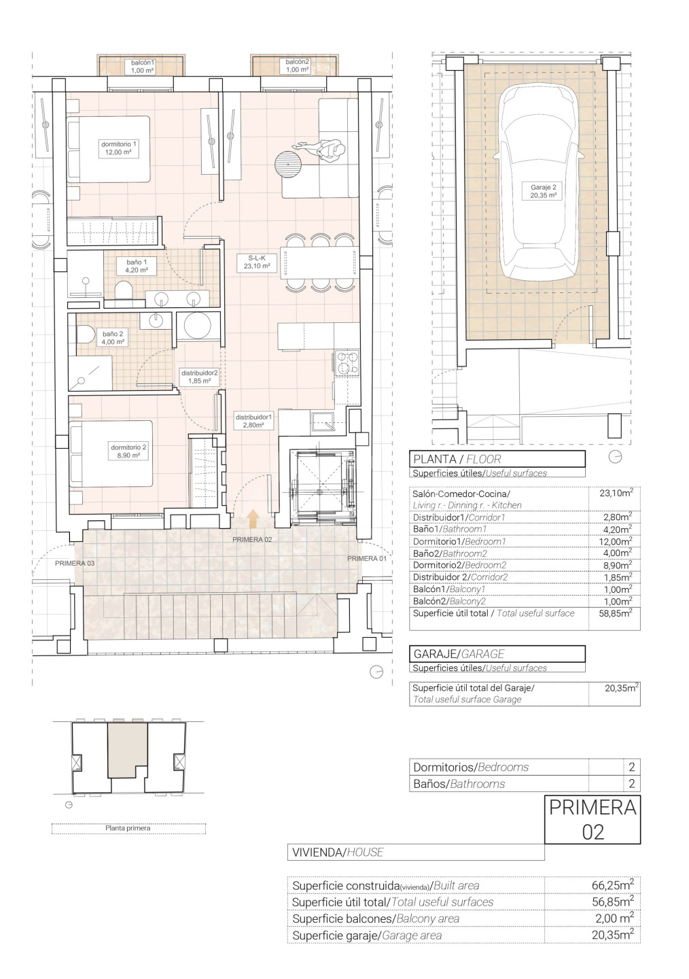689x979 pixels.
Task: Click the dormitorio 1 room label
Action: tap(118, 148)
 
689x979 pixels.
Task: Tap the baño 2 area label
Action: tap(113, 337)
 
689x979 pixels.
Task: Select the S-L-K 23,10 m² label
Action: tap(257, 262)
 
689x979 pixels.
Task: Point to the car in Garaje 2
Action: tap(540, 182)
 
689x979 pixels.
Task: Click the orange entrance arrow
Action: tap(253, 519)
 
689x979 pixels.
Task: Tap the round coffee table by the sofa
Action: tap(288, 163)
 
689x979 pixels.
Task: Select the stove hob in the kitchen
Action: tap(347, 363)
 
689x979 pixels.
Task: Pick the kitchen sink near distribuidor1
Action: tap(323, 422)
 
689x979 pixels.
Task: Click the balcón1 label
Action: tap(143, 66)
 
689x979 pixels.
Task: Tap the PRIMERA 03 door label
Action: tap(75, 564)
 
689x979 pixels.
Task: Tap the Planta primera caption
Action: tap(128, 828)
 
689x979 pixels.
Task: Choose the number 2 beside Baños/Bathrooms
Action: tap(632, 784)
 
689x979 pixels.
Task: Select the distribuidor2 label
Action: tap(200, 377)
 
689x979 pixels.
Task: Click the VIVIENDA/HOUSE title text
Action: tap(338, 852)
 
